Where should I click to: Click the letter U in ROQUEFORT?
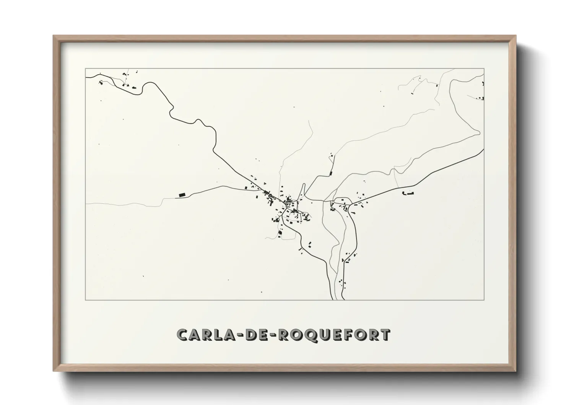point(324,335)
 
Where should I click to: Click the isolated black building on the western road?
point(182,195)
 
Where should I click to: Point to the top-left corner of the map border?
point(85,69)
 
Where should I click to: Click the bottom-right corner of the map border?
point(484,300)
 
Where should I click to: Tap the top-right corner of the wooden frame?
point(516,36)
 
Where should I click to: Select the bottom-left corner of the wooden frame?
point(53,371)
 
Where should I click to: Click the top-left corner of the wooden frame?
point(53,36)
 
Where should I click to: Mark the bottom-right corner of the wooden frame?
point(516,371)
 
